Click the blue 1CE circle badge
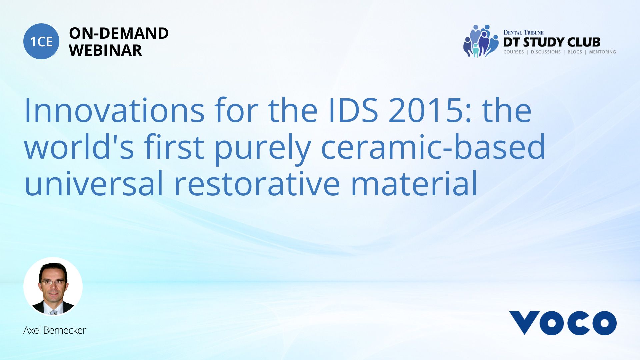[x=41, y=41]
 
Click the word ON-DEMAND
[x=119, y=33]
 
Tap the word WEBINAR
[x=105, y=50]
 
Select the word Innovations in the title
[x=114, y=110]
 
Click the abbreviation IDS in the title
[x=353, y=110]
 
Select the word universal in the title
[x=94, y=183]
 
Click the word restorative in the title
[x=257, y=183]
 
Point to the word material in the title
[x=414, y=183]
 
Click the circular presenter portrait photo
[x=53, y=286]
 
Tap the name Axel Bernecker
[x=55, y=330]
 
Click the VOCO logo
[x=563, y=323]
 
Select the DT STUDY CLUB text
[x=552, y=42]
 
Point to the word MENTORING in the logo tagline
[x=602, y=52]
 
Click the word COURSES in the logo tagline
[x=513, y=52]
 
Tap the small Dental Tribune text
[x=523, y=33]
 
